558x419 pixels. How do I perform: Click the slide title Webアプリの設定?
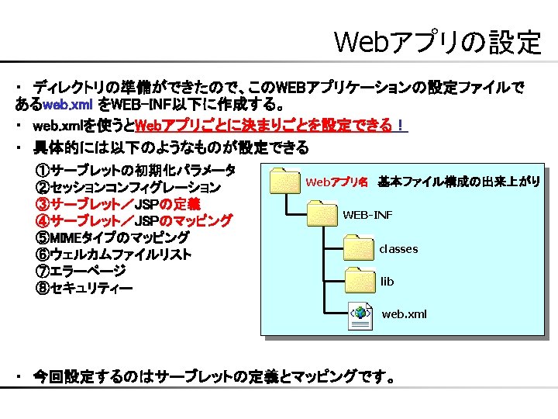[437, 43]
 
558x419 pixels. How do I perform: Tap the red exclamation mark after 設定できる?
[399, 126]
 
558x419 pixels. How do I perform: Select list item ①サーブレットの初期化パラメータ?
[135, 170]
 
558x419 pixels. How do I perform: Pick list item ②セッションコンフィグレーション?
[128, 187]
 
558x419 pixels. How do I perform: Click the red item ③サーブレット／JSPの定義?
[117, 204]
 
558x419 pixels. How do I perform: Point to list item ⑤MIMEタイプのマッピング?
[112, 237]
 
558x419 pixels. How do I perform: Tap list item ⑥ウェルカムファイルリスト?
[113, 255]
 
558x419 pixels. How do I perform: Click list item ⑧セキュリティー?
[84, 288]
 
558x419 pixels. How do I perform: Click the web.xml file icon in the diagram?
[361, 313]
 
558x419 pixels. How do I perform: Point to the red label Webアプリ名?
[337, 182]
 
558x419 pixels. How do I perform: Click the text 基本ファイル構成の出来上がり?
[459, 182]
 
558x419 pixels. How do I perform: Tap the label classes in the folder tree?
[398, 249]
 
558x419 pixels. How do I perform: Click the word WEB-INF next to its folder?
[367, 214]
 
